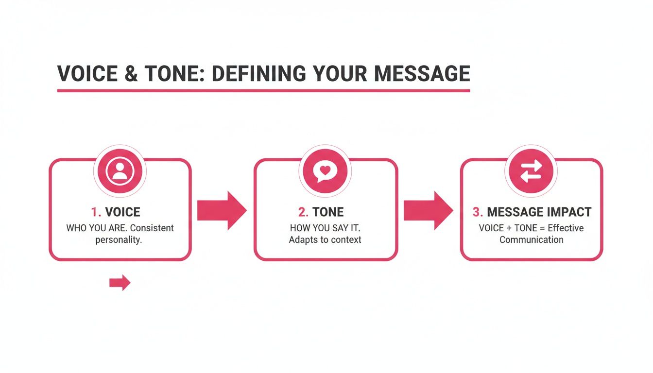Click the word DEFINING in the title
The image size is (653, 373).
pos(259,73)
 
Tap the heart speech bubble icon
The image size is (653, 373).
pos(325,170)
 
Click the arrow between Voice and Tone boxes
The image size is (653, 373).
pos(222,210)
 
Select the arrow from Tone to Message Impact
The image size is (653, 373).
pos(428,210)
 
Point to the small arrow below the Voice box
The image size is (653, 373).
pos(120,282)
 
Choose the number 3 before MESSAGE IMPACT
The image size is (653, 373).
pos(477,212)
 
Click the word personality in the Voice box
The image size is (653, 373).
pos(120,239)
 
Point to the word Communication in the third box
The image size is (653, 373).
pos(531,239)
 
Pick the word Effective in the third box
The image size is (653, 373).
pos(566,228)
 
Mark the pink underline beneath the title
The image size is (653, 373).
pos(263,90)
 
